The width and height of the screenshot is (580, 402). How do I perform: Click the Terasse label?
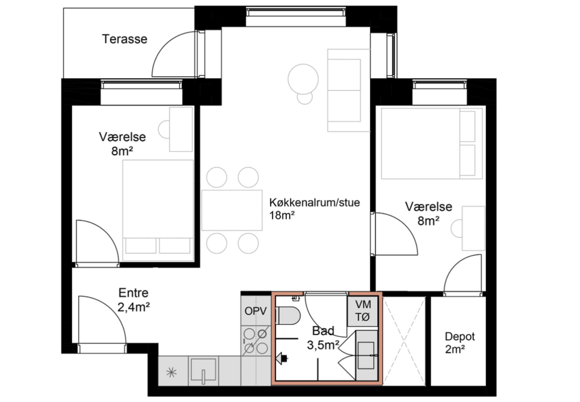[125, 39]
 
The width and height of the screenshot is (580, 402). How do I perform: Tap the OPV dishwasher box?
[256, 311]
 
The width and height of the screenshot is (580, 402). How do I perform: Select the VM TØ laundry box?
[362, 311]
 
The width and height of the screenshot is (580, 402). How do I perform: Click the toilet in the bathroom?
[288, 315]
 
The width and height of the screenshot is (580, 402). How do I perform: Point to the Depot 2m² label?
[460, 342]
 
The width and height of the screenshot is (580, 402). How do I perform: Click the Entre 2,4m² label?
[134, 300]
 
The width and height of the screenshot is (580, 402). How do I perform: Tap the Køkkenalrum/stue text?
[315, 203]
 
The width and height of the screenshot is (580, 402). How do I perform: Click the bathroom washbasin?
[366, 355]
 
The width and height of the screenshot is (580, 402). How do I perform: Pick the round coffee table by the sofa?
[303, 79]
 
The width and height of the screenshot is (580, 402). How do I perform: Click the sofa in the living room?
[348, 90]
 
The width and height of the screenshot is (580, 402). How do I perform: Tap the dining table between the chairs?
[232, 210]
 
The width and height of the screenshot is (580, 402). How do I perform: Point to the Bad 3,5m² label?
[323, 338]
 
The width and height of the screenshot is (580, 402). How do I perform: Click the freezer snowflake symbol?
[171, 372]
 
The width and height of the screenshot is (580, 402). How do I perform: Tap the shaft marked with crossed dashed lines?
[404, 341]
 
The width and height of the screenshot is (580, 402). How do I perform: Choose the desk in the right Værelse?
[473, 229]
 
